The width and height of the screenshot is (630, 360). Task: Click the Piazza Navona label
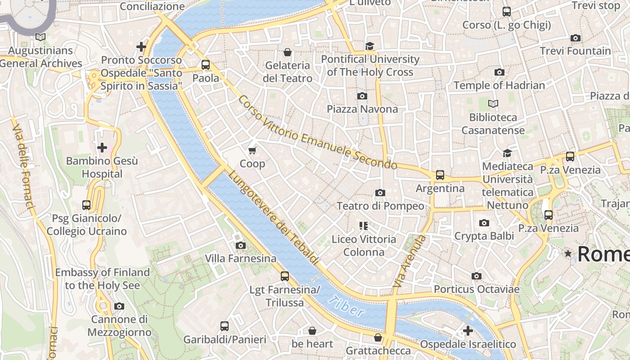point(362,109)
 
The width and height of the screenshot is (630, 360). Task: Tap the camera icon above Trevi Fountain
point(575,38)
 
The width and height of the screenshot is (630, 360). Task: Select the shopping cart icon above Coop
point(252,150)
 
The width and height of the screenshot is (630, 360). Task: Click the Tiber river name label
point(346,306)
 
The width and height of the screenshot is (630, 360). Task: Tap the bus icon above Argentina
point(440,175)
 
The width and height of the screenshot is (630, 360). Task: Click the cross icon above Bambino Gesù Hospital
point(102,148)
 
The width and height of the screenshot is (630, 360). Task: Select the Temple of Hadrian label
point(499,85)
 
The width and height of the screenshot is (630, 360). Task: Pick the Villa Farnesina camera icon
point(241,245)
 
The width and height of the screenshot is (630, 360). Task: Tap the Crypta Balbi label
point(484,236)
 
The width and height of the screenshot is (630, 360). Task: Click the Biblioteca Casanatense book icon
point(493,104)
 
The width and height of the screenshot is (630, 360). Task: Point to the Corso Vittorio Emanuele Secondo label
point(318,133)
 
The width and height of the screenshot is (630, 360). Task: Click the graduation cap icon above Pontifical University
point(370,46)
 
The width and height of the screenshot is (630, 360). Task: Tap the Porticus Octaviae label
point(477,289)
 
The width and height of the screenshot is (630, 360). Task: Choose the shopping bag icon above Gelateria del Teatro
point(288,53)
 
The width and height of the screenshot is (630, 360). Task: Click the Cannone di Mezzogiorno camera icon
point(119,306)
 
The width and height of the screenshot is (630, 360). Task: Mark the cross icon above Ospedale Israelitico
point(468,331)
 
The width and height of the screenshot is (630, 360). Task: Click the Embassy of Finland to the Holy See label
point(102,279)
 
